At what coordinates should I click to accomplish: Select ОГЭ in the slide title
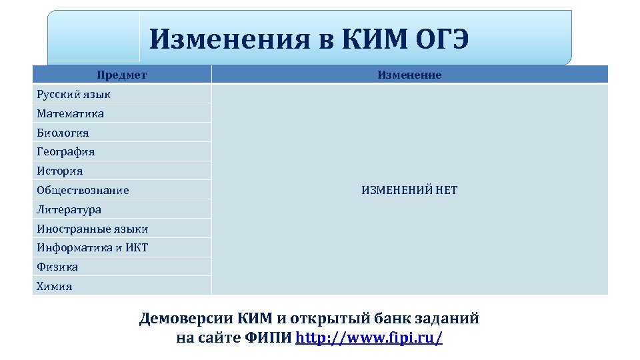coord(443,39)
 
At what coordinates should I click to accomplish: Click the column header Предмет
coord(121,75)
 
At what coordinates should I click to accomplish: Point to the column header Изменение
coord(409,75)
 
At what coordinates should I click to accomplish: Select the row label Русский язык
coord(73,94)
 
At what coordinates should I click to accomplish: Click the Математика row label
coord(70,113)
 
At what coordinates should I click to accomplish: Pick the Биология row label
coord(63,133)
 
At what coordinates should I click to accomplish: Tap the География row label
coord(65,151)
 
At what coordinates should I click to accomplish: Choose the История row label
coord(60,171)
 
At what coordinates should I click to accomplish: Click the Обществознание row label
coord(83,190)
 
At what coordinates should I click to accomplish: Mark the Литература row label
coord(69,209)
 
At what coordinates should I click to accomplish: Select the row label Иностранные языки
coord(92,229)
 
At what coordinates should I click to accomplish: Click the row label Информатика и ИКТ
coord(92,247)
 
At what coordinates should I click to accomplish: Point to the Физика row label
coord(57,267)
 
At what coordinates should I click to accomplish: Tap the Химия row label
coord(55,286)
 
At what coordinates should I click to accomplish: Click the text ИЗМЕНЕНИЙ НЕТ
coord(409,190)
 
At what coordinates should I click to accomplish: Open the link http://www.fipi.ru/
coord(369,337)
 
